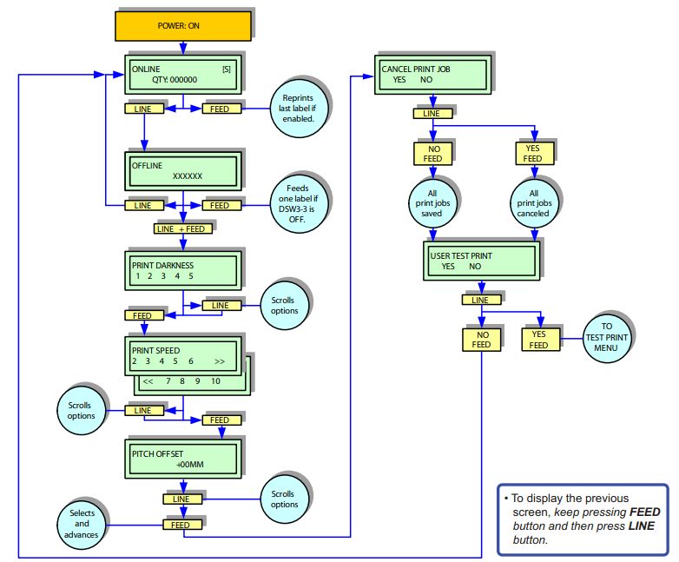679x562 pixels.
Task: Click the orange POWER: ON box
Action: pos(183,24)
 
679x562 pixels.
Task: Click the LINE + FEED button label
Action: pos(181,228)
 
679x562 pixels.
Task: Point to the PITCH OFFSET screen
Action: pos(182,459)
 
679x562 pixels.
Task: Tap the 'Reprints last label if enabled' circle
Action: pos(298,109)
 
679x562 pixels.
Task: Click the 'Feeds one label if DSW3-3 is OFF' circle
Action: pos(298,206)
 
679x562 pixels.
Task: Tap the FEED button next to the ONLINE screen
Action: pos(221,109)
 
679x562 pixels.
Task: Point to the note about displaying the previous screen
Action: pos(582,519)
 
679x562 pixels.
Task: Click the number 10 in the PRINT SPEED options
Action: pos(215,380)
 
